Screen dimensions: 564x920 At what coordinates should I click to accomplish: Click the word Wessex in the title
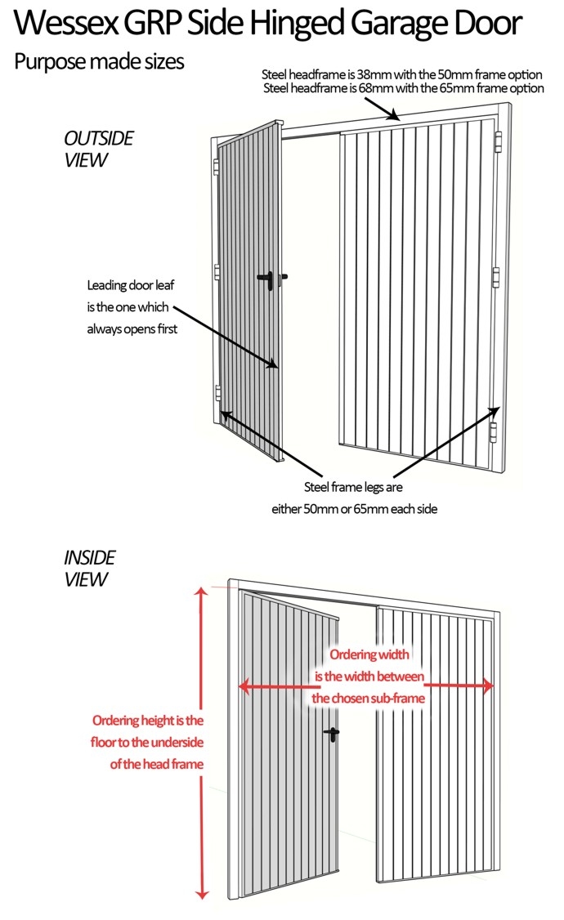pyautogui.click(x=65, y=24)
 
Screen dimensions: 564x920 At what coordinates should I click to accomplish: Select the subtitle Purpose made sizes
pyautogui.click(x=99, y=62)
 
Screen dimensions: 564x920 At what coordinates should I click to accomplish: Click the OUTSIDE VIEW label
pyautogui.click(x=99, y=149)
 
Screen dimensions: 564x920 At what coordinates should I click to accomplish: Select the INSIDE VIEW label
pyautogui.click(x=89, y=568)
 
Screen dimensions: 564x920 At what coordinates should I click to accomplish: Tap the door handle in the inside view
pyautogui.click(x=332, y=734)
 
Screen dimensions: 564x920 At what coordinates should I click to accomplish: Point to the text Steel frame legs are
pyautogui.click(x=353, y=487)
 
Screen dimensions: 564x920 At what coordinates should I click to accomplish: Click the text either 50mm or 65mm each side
pyautogui.click(x=355, y=509)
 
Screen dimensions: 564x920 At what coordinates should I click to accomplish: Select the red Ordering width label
pyautogui.click(x=369, y=654)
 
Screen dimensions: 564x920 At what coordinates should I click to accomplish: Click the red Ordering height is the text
pyautogui.click(x=148, y=720)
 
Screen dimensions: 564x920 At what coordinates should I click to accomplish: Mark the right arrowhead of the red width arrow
pyautogui.click(x=487, y=686)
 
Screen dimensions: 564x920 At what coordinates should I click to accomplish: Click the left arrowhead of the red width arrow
pyautogui.click(x=244, y=686)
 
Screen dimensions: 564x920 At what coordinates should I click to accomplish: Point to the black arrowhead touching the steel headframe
pyautogui.click(x=395, y=115)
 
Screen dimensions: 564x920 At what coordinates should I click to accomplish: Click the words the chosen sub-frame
pyautogui.click(x=368, y=699)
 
